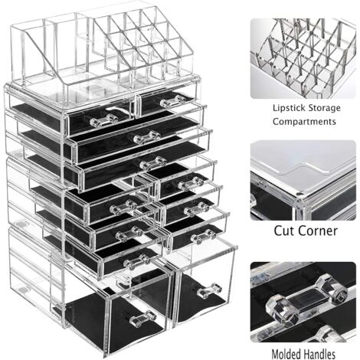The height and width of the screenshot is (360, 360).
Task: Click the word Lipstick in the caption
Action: (288, 108)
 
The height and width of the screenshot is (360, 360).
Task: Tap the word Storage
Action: (323, 108)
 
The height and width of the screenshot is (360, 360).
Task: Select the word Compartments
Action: (304, 122)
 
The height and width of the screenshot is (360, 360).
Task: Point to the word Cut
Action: (284, 231)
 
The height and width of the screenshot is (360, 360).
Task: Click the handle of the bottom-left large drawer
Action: (142, 318)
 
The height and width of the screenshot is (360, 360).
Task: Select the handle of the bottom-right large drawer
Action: (209, 290)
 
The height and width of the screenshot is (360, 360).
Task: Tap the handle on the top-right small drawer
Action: (173, 100)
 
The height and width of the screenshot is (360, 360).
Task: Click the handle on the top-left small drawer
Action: (104, 120)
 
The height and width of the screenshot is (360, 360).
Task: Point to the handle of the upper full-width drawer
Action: (146, 137)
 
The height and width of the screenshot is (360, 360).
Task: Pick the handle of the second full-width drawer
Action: (153, 163)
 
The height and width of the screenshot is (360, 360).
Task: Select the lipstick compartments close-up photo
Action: (303, 58)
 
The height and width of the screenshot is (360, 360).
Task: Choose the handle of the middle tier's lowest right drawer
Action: (203, 236)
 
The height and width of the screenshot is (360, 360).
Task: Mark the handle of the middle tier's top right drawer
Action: (191, 183)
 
